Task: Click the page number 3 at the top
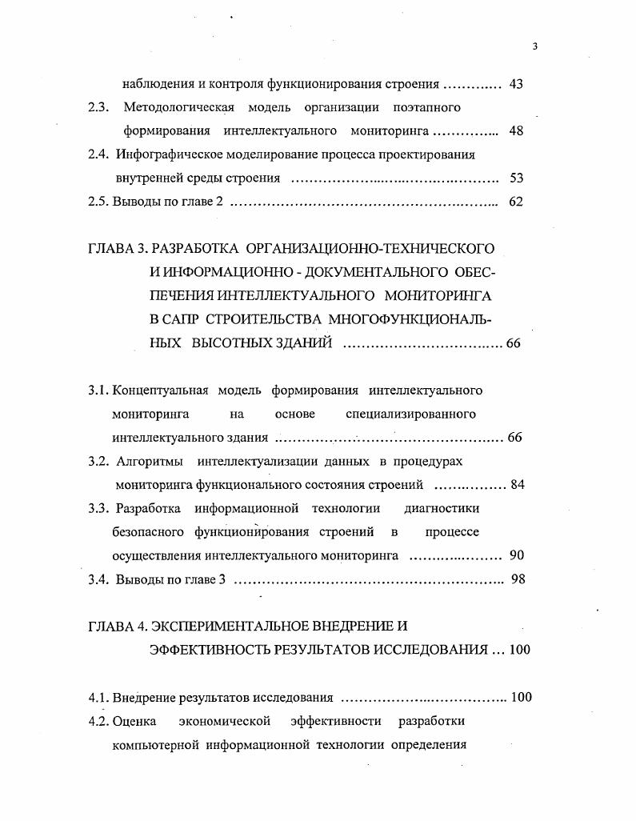click(x=534, y=46)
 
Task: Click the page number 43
click(x=516, y=84)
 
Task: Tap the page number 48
click(x=516, y=130)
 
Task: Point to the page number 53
click(x=516, y=178)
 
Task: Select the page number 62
click(x=516, y=202)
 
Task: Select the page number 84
click(x=516, y=484)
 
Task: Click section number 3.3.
click(x=98, y=508)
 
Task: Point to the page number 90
click(x=516, y=555)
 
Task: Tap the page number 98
click(x=518, y=579)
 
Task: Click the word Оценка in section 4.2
click(x=138, y=721)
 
